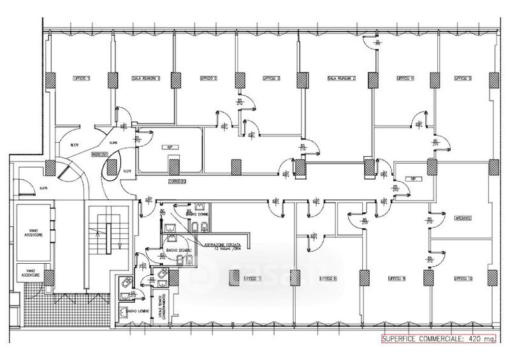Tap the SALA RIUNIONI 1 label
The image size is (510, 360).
coord(145,78)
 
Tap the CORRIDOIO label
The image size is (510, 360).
coord(177,182)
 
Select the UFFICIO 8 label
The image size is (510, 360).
coord(328,278)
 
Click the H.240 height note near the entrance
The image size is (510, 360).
coord(113,142)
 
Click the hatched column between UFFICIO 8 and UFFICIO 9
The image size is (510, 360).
coord(364,278)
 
